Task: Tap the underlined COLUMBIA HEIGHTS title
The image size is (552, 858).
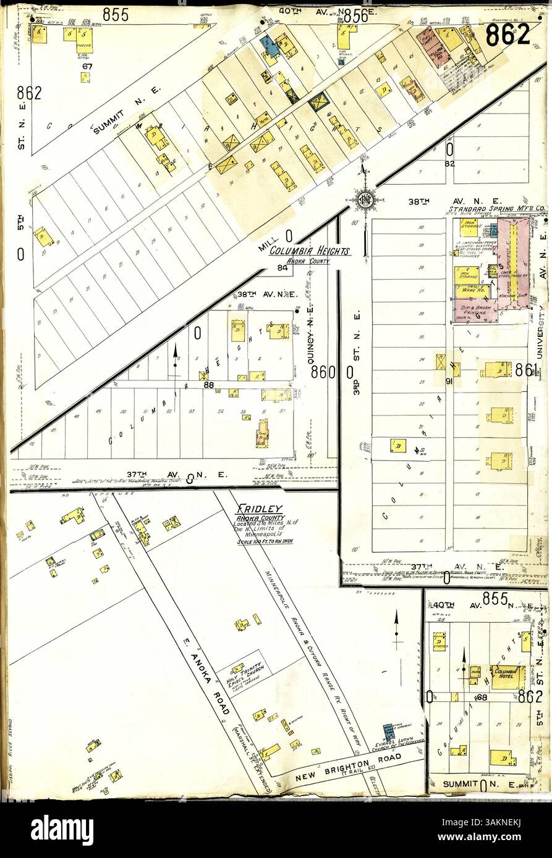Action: (310, 251)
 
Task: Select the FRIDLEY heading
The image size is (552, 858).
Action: (259, 509)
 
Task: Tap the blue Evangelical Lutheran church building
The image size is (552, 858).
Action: (388, 732)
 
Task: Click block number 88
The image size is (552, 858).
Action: (209, 386)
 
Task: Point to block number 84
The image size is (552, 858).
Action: (282, 267)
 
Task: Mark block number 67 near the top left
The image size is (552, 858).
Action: (87, 66)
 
